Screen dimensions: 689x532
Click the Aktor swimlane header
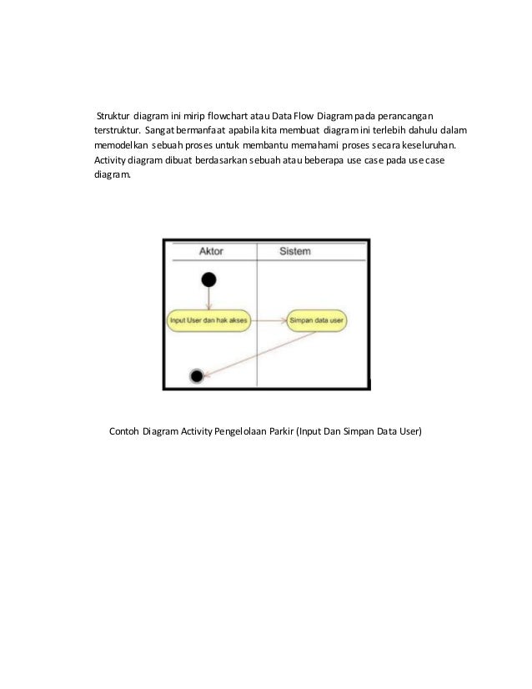pyautogui.click(x=211, y=251)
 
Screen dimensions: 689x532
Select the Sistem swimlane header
pyautogui.click(x=296, y=251)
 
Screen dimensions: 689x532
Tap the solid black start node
pyautogui.click(x=208, y=279)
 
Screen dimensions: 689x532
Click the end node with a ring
pyautogui.click(x=197, y=376)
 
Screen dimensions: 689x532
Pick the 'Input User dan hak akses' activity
pyautogui.click(x=208, y=319)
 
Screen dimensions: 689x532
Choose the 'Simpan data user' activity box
pyautogui.click(x=317, y=319)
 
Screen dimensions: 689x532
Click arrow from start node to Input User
pyautogui.click(x=208, y=299)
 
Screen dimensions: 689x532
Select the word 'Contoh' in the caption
pyautogui.click(x=124, y=431)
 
